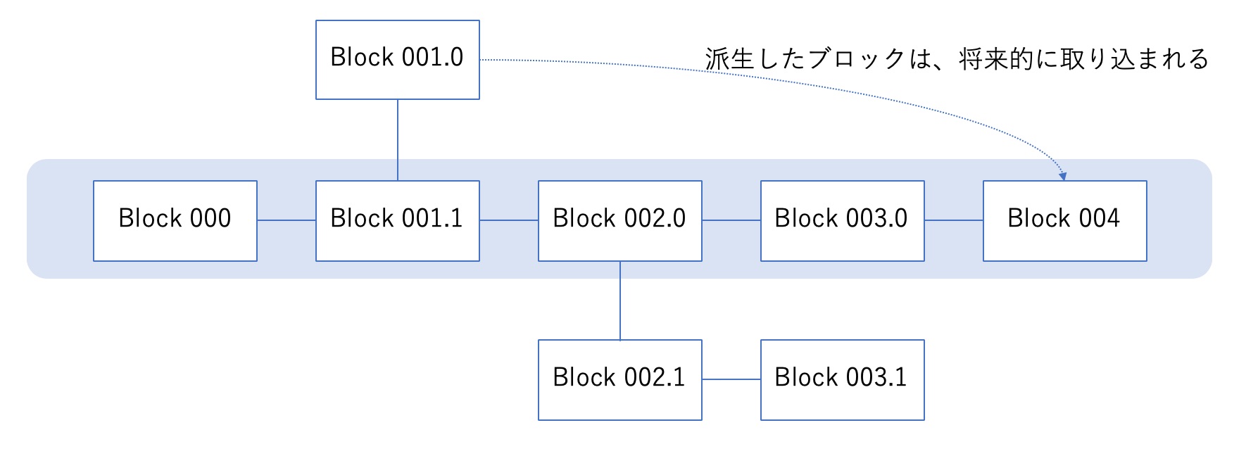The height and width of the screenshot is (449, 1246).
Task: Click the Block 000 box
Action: coord(175,221)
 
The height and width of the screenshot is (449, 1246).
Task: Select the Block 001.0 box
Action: coord(398,60)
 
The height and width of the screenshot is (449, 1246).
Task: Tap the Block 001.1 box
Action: coord(398,221)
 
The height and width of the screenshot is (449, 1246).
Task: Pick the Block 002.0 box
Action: coord(620,221)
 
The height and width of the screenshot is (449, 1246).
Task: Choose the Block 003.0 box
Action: coord(843,221)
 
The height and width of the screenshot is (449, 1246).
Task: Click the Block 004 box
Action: coord(1065,221)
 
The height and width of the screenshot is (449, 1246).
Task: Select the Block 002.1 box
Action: coord(620,380)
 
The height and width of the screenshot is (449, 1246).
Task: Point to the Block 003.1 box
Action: coord(843,380)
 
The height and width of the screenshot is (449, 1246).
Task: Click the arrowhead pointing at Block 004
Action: coord(1063,177)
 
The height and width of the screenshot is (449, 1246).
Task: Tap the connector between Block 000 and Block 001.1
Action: coord(287,220)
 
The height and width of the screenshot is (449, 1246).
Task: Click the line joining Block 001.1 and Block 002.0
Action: coord(509,220)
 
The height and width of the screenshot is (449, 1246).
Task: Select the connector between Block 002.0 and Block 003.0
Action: coord(731,220)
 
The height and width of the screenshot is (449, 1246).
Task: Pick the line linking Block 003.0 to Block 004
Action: coord(954,220)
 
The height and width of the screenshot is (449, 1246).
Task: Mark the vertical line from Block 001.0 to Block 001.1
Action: coord(398,140)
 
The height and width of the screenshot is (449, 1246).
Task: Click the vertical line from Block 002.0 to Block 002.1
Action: coord(620,301)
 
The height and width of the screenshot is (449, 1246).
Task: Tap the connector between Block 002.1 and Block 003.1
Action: coord(731,379)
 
